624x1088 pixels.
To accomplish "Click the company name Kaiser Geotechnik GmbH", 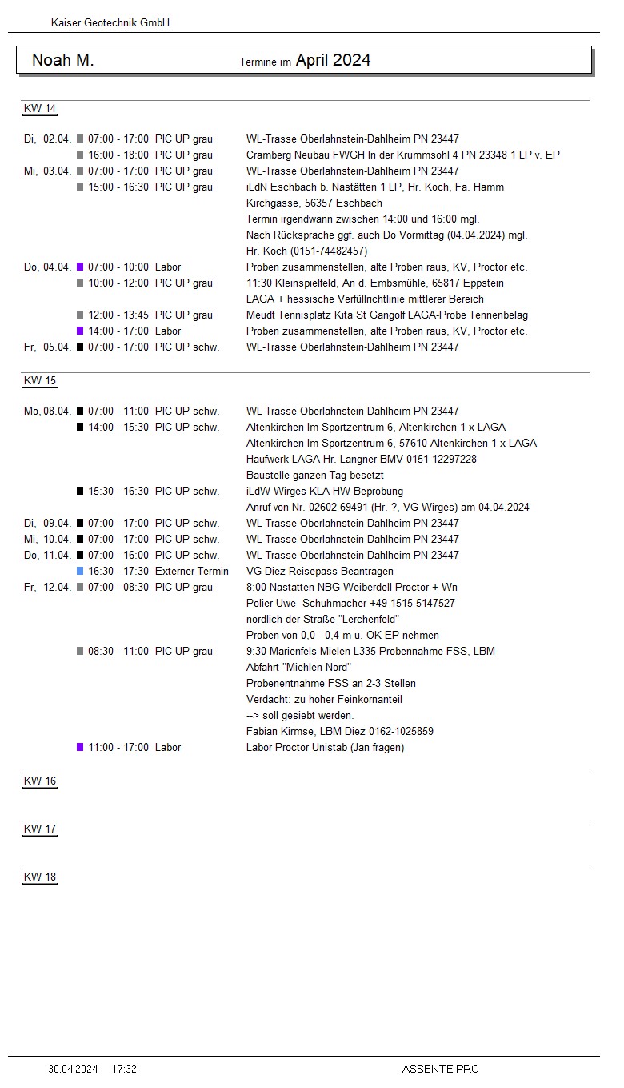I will pyautogui.click(x=110, y=23).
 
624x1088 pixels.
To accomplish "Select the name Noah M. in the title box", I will pyautogui.click(x=62, y=60).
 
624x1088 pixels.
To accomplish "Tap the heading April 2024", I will pyautogui.click(x=333, y=60).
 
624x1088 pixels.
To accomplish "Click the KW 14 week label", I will pyautogui.click(x=40, y=109).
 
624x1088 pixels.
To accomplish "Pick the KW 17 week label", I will pyautogui.click(x=40, y=829).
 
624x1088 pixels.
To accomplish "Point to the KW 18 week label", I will pyautogui.click(x=40, y=877).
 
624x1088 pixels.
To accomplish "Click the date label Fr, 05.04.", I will pyautogui.click(x=47, y=347).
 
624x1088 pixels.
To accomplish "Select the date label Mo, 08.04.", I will pyautogui.click(x=47, y=412).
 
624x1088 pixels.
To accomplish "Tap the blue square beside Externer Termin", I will pyautogui.click(x=80, y=572).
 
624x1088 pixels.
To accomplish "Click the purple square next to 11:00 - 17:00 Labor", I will pyautogui.click(x=80, y=748).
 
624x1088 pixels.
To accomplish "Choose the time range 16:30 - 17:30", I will pyautogui.click(x=118, y=572).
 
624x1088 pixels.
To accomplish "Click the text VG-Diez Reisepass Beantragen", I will pyautogui.click(x=320, y=572).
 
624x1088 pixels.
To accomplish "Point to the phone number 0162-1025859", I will pyautogui.click(x=400, y=732).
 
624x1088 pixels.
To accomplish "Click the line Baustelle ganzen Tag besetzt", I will pyautogui.click(x=315, y=476).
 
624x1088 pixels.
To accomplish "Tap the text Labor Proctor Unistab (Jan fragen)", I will pyautogui.click(x=325, y=748).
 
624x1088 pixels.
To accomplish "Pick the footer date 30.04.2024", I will pyautogui.click(x=73, y=1069).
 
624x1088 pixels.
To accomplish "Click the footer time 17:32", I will pyautogui.click(x=124, y=1069).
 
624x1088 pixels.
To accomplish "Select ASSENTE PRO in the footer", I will pyautogui.click(x=440, y=1069).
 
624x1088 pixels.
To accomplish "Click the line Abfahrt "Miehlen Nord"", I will pyautogui.click(x=299, y=668).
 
